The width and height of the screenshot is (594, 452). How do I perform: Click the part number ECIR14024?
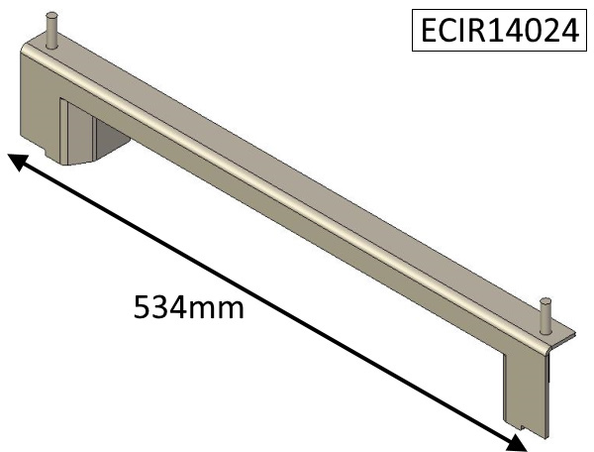[x=500, y=30]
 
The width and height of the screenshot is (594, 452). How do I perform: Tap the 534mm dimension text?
[x=189, y=307]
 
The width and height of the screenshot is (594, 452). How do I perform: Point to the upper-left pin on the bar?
[x=51, y=31]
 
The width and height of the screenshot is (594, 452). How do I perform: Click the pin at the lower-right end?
[x=545, y=316]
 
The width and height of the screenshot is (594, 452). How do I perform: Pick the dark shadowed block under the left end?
[x=112, y=139]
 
